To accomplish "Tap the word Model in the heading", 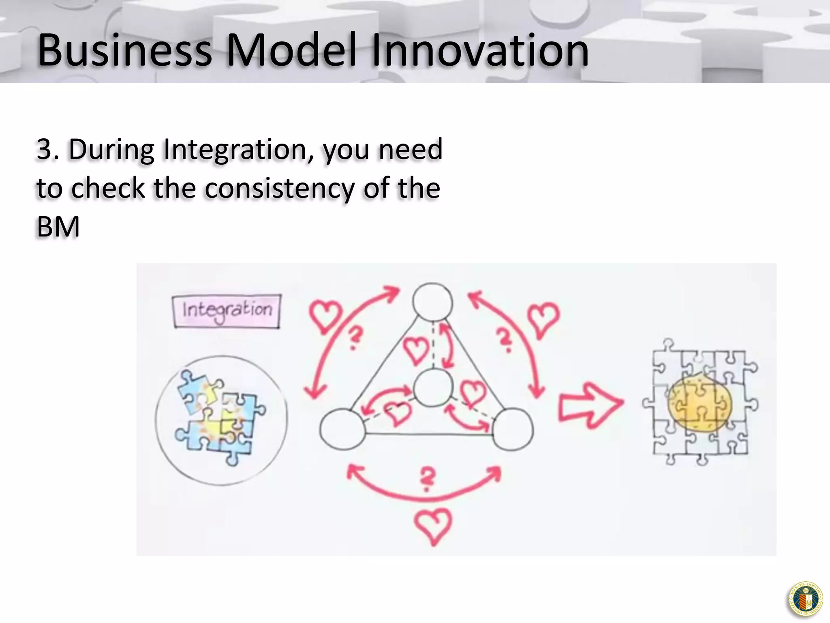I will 291,50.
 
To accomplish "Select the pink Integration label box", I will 227,311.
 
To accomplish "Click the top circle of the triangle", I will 432,302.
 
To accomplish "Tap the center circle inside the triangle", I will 433,387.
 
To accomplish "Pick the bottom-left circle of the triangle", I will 343,429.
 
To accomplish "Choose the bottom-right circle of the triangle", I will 513,429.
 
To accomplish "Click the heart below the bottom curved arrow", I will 433,526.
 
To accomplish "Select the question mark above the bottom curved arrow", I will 427,479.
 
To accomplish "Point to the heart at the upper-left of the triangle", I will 325,316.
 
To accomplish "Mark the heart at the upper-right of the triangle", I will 543,318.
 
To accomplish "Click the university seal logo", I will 805,599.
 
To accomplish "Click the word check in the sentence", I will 108,189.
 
